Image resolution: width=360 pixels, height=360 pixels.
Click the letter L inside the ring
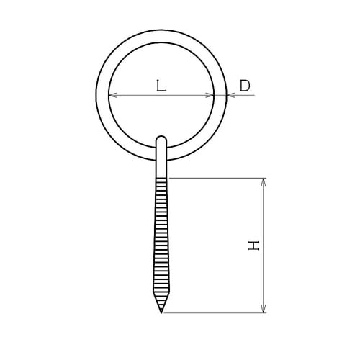pyautogui.click(x=161, y=86)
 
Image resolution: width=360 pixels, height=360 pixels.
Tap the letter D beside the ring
pyautogui.click(x=245, y=86)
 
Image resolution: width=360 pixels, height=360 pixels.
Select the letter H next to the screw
pyautogui.click(x=253, y=246)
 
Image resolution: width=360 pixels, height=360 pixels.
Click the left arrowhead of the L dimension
pyautogui.click(x=112, y=95)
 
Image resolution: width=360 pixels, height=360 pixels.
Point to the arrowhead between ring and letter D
pyautogui.click(x=230, y=95)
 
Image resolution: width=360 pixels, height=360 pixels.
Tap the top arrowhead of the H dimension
pyautogui.click(x=264, y=181)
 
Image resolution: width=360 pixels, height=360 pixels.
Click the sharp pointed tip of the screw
pyautogui.click(x=161, y=312)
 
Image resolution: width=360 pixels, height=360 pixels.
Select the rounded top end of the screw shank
pyautogui.click(x=161, y=138)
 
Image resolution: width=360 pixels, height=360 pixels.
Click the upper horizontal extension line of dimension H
pyautogui.click(x=216, y=178)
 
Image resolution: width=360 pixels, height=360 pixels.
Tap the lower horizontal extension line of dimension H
pyautogui.click(x=216, y=313)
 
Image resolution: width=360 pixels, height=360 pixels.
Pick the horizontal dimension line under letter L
pyautogui.click(x=161, y=95)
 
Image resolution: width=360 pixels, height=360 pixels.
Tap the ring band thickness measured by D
pyautogui.click(x=220, y=94)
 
